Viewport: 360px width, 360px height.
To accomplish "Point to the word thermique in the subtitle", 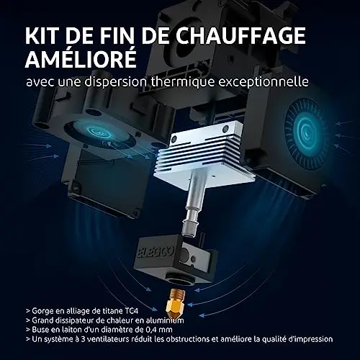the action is [183, 81].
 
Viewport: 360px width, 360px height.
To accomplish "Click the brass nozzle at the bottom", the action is [177, 303].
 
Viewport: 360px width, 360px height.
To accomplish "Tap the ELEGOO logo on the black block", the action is [156, 253].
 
